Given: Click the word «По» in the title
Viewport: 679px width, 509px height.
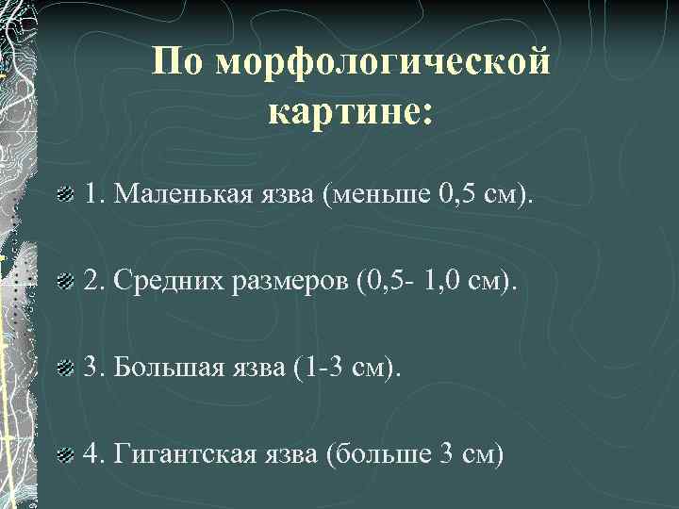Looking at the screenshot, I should click(x=178, y=63).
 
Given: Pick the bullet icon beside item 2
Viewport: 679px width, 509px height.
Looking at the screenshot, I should click(x=65, y=280).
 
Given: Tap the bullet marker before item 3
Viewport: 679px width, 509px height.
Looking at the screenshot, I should click(x=65, y=366).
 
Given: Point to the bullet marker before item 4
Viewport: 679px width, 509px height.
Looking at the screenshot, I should click(x=65, y=455).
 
